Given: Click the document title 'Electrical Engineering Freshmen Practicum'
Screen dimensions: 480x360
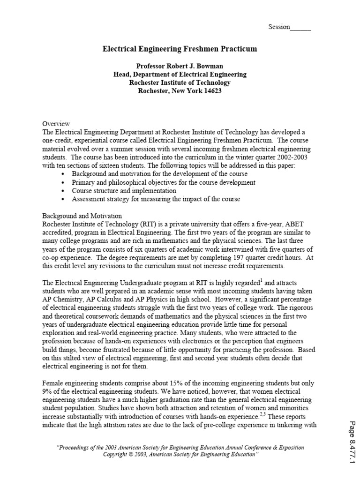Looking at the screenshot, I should pos(180,49).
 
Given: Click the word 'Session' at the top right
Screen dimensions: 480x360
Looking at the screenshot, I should pos(279,27).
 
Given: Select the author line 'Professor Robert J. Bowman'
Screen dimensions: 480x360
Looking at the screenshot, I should pos(180,66).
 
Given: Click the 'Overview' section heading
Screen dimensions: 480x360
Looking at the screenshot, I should pos(56,124).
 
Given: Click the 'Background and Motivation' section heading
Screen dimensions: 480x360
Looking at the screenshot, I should pos(82,216).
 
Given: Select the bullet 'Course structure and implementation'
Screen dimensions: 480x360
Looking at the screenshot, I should pos(124,191).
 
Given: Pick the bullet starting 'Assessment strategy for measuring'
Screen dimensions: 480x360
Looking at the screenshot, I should pos(156,199).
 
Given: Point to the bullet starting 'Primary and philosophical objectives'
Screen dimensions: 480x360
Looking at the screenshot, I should pos(164,183).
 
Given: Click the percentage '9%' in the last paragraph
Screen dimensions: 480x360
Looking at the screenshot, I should pos(48,391).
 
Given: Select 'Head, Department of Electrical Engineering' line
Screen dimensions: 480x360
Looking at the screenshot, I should pos(180,75).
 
